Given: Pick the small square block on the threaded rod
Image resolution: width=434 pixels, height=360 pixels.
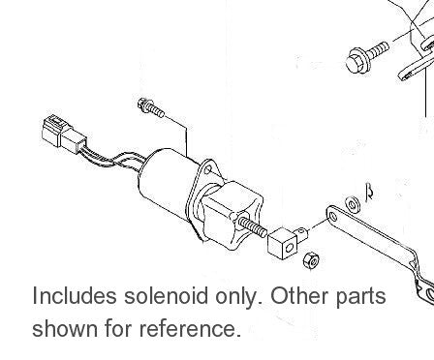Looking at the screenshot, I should pyautogui.click(x=281, y=238).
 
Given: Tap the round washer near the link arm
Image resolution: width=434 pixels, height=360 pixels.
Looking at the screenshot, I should pyautogui.click(x=351, y=203).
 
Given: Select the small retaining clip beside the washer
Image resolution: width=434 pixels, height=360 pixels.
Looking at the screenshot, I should pyautogui.click(x=367, y=192).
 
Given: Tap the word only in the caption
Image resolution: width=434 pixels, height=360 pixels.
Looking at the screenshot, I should pyautogui.click(x=242, y=295).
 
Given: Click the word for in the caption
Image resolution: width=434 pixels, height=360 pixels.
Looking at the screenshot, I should pyautogui.click(x=120, y=329).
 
